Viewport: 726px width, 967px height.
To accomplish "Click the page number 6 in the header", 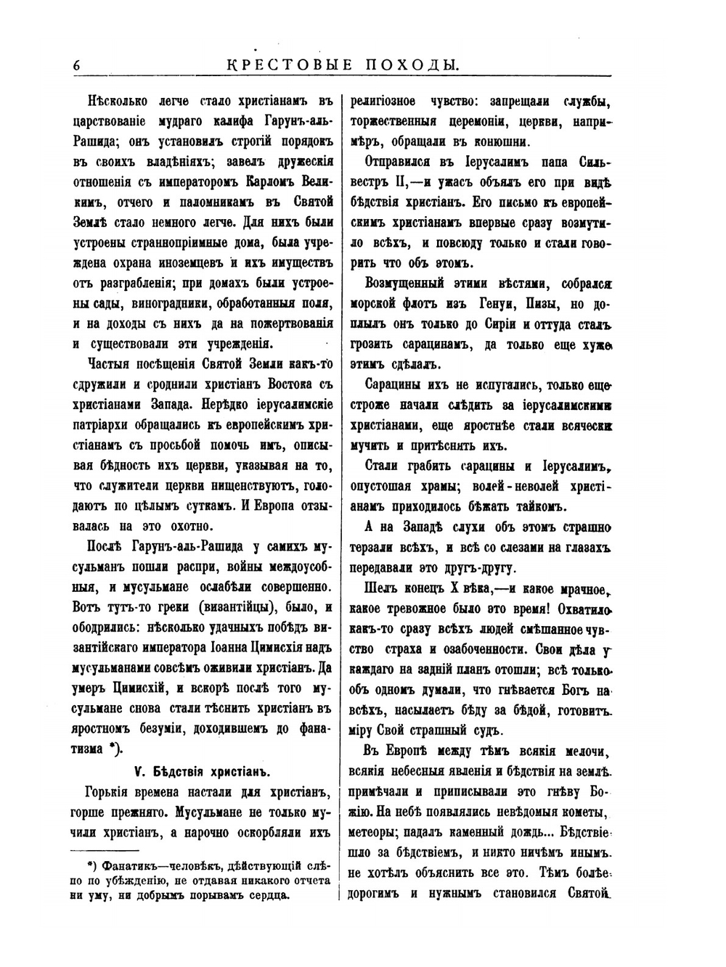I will pyautogui.click(x=76, y=65).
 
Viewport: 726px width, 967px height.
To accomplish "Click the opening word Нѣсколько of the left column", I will pyautogui.click(x=117, y=101).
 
